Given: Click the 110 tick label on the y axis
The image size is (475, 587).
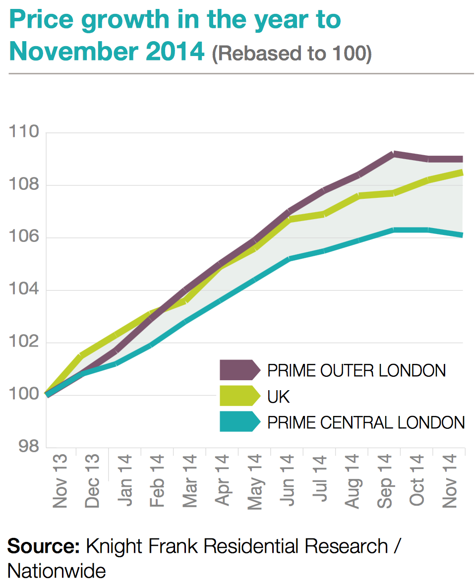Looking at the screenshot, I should point(24,133).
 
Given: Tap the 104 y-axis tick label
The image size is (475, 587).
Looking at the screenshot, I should point(24,290).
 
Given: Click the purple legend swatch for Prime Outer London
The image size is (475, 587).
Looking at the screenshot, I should point(239,370).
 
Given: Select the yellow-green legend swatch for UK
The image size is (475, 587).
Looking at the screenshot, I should point(239,396).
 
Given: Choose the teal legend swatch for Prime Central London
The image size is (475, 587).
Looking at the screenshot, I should point(239,422).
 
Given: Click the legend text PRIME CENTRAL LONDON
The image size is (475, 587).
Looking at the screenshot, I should point(366,422).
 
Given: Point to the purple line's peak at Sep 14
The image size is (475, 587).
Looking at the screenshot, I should point(393,154).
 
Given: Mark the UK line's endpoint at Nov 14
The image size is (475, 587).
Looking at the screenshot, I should point(462,173).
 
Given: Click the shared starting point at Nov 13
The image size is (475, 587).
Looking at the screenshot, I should point(47,395).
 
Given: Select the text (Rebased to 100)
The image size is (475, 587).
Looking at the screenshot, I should point(292,54).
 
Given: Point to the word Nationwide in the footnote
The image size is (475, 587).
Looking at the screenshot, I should point(57,571).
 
